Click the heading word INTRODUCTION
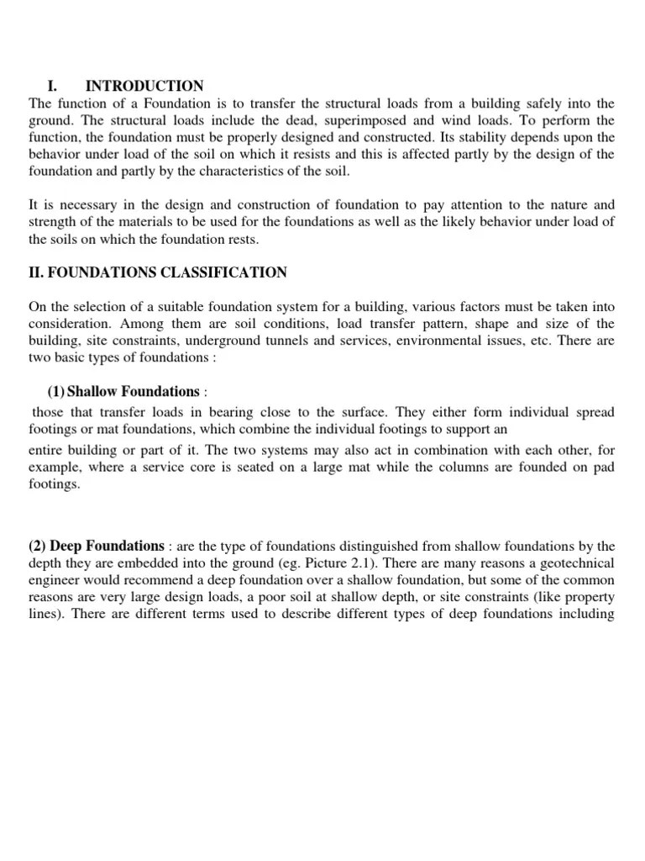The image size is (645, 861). pyautogui.click(x=144, y=86)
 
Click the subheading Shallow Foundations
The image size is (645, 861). pyautogui.click(x=133, y=392)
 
